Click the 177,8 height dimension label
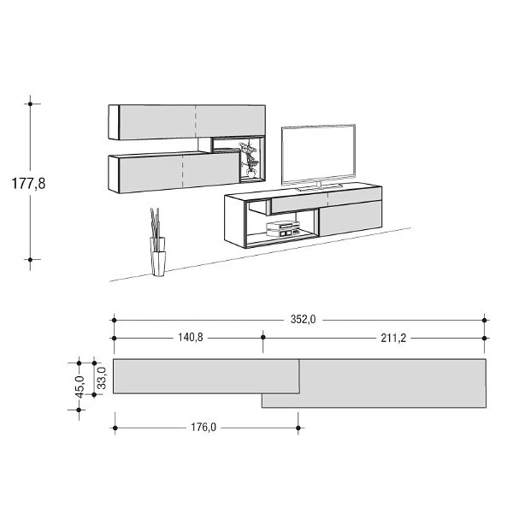(x=28, y=184)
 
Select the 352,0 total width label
(x=303, y=319)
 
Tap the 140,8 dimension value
(x=191, y=338)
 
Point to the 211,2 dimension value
(x=393, y=338)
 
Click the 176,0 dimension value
(x=203, y=427)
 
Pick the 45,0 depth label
(x=80, y=386)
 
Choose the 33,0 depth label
(x=102, y=378)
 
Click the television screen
(x=318, y=155)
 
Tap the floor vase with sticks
(x=157, y=242)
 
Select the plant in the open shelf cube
(x=249, y=160)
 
